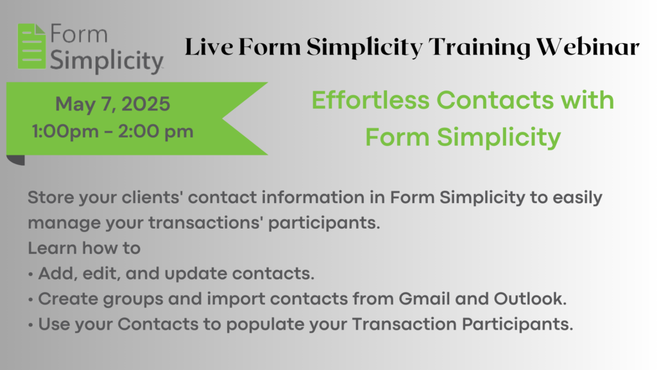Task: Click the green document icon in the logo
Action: [32, 46]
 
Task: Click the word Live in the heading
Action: [209, 46]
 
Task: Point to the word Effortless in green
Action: [371, 100]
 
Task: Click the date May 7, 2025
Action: [113, 104]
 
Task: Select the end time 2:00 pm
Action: [155, 132]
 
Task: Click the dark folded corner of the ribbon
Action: [16, 159]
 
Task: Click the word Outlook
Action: [530, 299]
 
